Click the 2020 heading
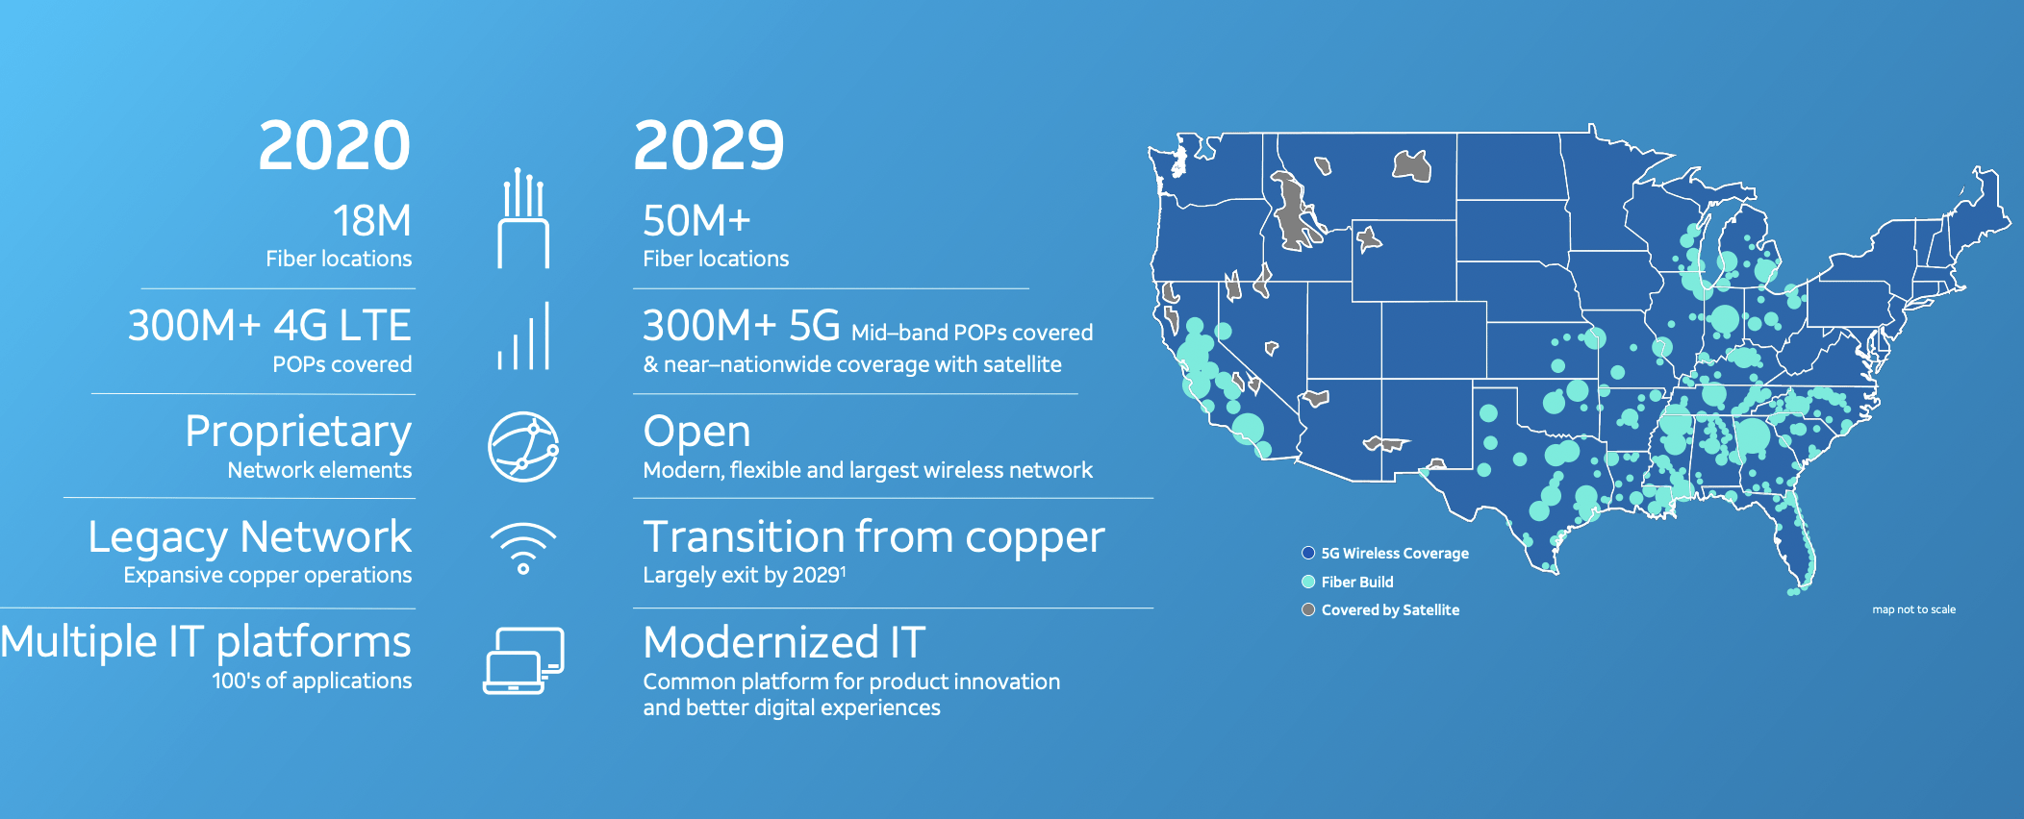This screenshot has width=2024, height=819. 334,146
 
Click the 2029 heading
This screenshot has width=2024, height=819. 709,146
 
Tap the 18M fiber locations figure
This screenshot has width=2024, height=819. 372,221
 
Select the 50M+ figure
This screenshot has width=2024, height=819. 696,221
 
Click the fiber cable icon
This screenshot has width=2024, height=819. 523,218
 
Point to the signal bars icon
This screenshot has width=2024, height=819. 523,336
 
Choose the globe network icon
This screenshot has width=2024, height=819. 523,447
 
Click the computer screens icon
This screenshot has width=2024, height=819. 523,660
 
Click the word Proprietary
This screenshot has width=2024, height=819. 298,433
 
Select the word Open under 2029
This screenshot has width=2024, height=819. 696,433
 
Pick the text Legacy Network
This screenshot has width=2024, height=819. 249,536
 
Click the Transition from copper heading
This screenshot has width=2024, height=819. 873,537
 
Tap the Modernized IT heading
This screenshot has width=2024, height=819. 784,642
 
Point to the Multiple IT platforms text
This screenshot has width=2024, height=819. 206,642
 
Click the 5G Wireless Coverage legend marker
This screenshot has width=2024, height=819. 1308,553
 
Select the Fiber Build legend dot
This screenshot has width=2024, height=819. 1308,582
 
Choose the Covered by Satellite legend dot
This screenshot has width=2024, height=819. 1308,609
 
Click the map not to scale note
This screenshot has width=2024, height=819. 1913,609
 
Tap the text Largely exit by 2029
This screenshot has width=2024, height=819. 744,575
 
